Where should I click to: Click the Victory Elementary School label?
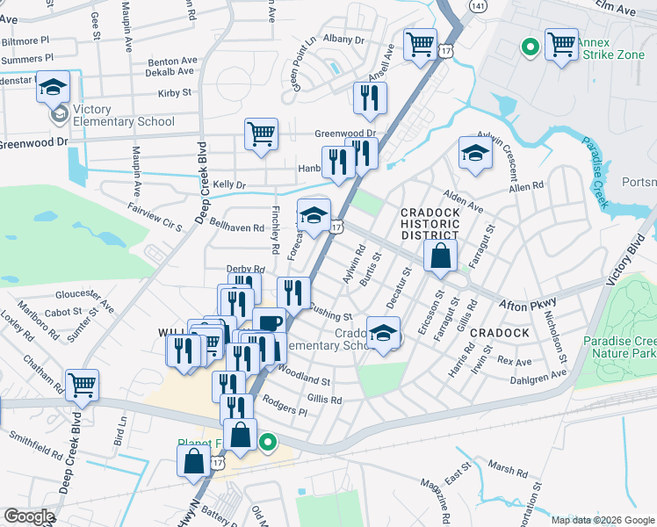coord(123,115)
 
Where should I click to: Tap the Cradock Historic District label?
coord(430,224)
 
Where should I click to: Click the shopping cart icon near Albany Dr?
coord(421,44)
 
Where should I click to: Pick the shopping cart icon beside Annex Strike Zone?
coord(561,44)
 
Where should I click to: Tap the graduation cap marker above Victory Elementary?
coord(53,87)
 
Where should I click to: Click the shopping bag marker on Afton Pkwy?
coord(440,256)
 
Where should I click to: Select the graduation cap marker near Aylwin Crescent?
coord(475,153)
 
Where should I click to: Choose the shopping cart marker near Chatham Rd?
coord(82,384)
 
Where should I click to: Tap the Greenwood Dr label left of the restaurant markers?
coord(345,134)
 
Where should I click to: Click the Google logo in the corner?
coord(29,516)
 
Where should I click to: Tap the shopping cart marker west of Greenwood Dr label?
coord(261,134)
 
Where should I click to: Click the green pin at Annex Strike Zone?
coord(530,47)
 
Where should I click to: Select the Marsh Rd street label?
coord(508,470)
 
